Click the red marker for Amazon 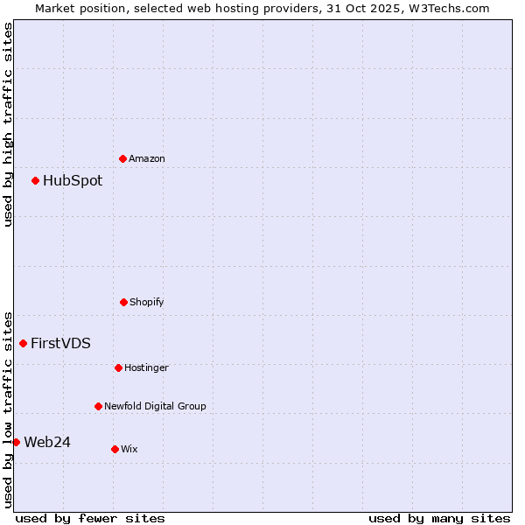[123, 158]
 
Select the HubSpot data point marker [36, 181]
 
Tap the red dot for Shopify [123, 302]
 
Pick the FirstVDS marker [24, 343]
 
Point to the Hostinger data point [118, 367]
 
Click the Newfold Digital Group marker [98, 406]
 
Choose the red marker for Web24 [16, 442]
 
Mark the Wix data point [115, 449]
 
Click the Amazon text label [147, 158]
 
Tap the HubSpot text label [73, 181]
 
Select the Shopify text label [147, 302]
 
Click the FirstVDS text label [60, 343]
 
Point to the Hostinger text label [146, 367]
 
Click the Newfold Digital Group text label [155, 406]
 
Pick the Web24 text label [47, 442]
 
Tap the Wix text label [129, 449]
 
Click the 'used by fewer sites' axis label [90, 518]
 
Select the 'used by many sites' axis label [439, 518]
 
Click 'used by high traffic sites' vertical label [8, 124]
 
